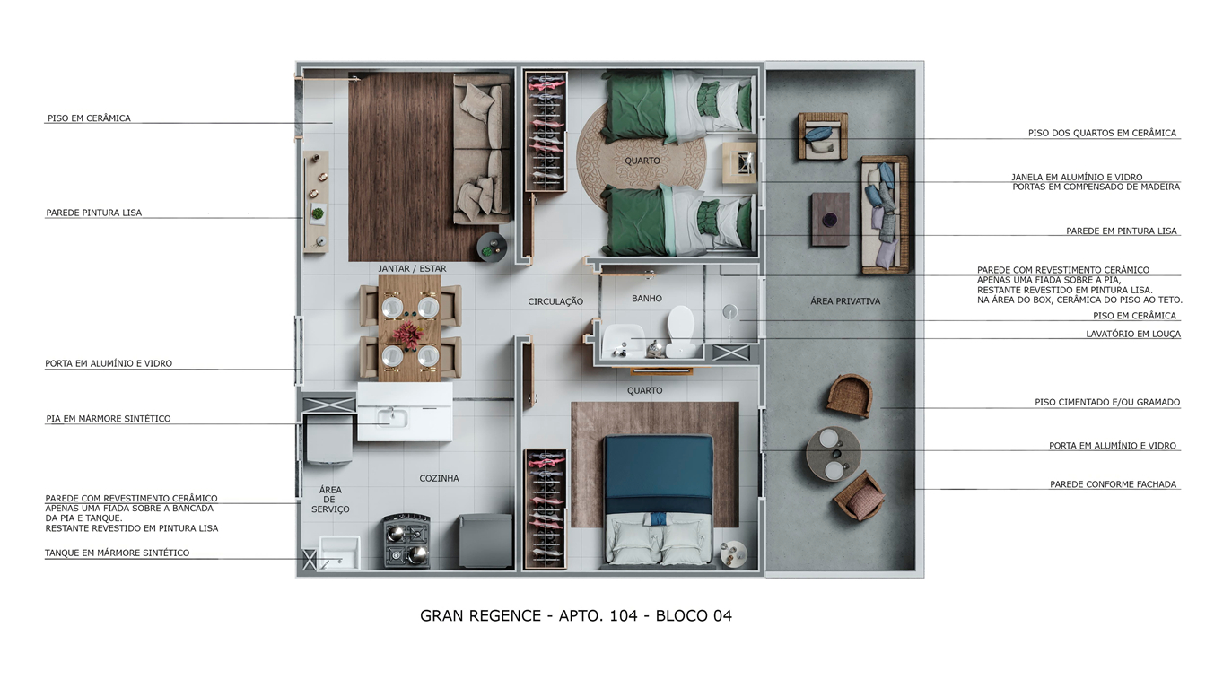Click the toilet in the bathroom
click(680, 331)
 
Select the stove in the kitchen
click(406, 541)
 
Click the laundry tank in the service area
click(338, 553)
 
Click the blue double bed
click(658, 499)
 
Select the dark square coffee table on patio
click(830, 219)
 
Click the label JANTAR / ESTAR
click(412, 268)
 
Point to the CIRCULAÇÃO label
click(555, 302)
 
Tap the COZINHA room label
click(439, 478)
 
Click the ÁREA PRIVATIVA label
click(844, 301)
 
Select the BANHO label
click(646, 299)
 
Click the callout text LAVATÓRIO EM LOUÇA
click(1132, 334)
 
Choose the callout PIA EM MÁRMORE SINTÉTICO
click(109, 419)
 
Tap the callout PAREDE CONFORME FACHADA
click(1113, 484)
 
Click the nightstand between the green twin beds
click(739, 163)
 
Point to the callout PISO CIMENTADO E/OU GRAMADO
click(1106, 403)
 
